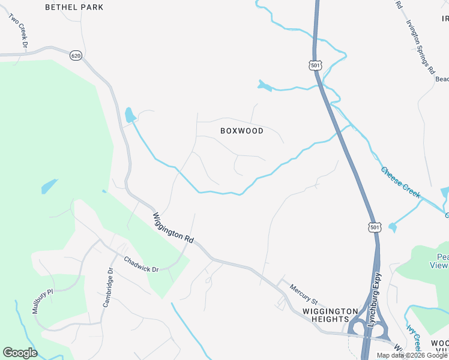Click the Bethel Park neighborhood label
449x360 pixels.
pos(74,7)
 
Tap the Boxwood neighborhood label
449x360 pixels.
pos(242,131)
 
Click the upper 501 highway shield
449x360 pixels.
pos(316,64)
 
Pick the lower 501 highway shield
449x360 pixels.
pos(375,227)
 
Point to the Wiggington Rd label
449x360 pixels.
pos(173,227)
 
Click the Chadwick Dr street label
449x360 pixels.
pos(141,265)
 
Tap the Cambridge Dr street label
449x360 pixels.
pos(107,287)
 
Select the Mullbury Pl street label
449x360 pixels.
pos(43,301)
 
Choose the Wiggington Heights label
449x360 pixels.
pos(331,315)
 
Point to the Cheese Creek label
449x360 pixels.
pos(400,182)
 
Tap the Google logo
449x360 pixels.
pos(20,353)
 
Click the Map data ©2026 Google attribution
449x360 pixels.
pos(412,355)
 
